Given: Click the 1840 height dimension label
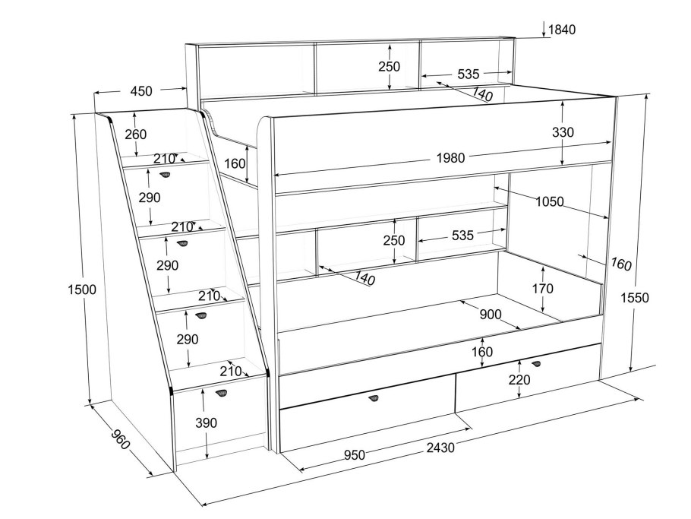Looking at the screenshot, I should click(x=562, y=30).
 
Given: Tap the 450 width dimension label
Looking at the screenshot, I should click(x=141, y=91).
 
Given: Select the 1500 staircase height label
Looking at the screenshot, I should click(x=82, y=290).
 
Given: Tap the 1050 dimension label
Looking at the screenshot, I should click(x=549, y=201).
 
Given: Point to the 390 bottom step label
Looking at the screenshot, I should click(x=207, y=422).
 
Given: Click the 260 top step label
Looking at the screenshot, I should click(x=135, y=134).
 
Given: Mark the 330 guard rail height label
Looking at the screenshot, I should click(x=563, y=132).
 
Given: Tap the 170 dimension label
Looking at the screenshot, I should click(x=543, y=289).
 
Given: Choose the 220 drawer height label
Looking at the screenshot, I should click(x=519, y=381).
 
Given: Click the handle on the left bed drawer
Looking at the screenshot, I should click(x=374, y=400).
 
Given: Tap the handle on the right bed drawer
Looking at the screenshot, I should click(x=536, y=364).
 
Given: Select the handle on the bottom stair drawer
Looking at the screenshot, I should click(x=222, y=393).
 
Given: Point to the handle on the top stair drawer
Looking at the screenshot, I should click(x=165, y=176).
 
